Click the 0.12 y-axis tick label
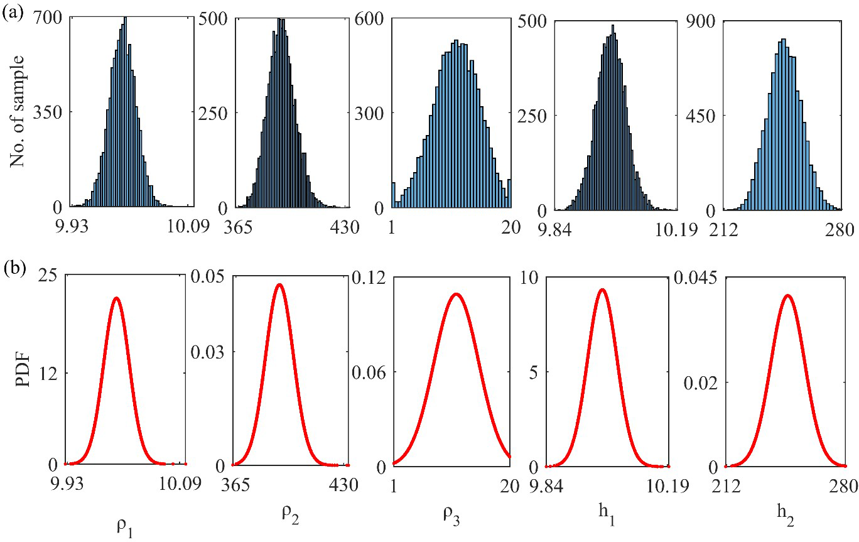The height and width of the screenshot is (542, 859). (370, 277)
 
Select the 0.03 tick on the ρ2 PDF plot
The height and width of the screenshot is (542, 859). (206, 351)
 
